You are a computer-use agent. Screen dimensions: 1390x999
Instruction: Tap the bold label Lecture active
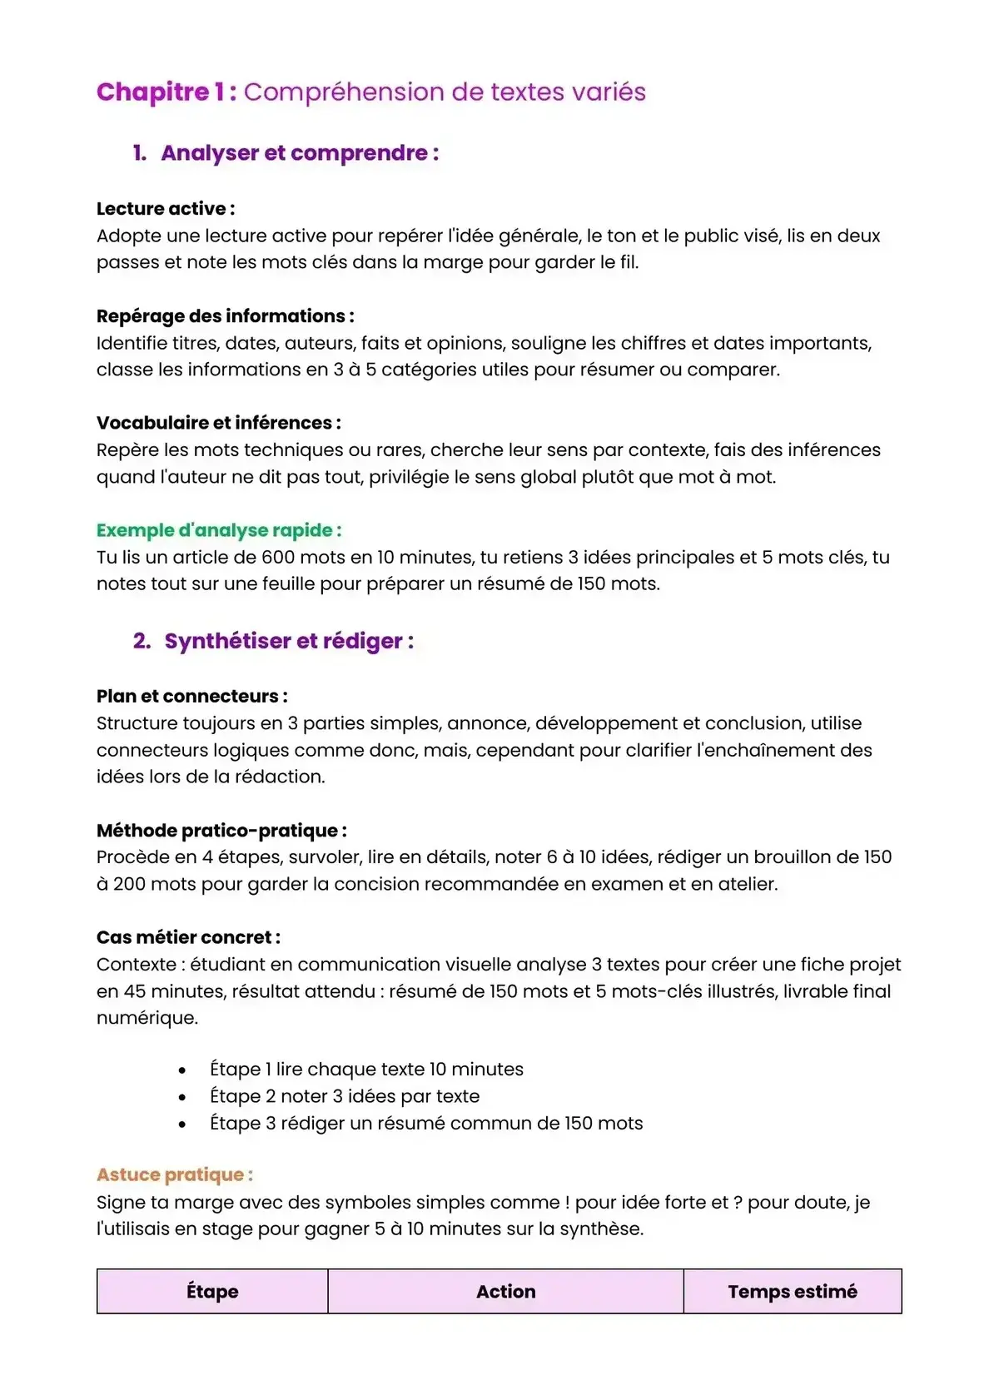click(165, 208)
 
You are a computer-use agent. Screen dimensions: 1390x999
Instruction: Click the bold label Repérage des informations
click(225, 316)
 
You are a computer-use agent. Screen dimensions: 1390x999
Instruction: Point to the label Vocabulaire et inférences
click(218, 423)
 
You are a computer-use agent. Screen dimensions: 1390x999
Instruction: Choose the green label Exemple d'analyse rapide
click(218, 530)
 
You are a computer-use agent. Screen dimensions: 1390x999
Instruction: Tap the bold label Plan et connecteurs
click(191, 696)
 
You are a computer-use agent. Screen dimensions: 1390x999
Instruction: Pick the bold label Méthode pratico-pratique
click(221, 831)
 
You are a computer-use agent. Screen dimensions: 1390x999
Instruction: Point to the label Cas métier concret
click(188, 937)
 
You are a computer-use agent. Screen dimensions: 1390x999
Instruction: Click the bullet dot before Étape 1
click(182, 1070)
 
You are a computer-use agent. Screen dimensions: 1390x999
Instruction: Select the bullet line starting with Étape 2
click(345, 1096)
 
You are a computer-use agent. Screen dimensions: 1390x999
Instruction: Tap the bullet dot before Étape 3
click(182, 1124)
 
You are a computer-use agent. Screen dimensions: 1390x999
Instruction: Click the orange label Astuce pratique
click(174, 1174)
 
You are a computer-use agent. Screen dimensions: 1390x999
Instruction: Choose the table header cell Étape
click(212, 1292)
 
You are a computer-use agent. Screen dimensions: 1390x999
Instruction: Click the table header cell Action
click(505, 1292)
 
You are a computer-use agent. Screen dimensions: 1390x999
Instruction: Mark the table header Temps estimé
click(792, 1292)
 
